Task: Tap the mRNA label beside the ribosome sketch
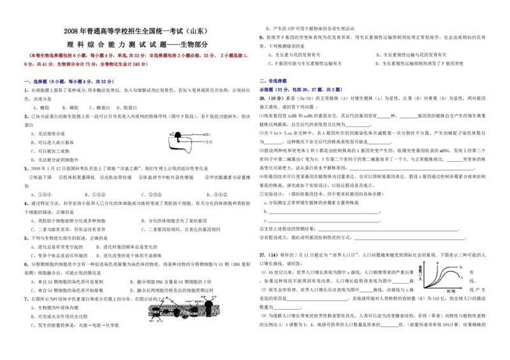(207, 135)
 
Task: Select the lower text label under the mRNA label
(207, 141)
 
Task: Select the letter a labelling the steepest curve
(438, 263)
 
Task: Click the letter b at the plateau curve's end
(460, 266)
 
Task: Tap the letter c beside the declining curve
(461, 278)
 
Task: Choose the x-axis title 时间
(451, 291)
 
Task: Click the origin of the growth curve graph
(423, 287)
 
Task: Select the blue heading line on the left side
(69, 82)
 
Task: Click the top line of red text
(137, 56)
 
